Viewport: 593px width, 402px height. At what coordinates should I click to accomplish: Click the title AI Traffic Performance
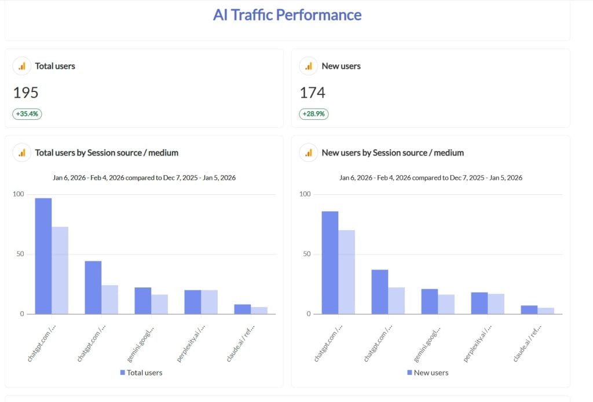click(x=287, y=15)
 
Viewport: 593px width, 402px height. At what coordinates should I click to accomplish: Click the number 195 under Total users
click(x=25, y=93)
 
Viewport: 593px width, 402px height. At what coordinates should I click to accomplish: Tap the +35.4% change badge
click(x=27, y=114)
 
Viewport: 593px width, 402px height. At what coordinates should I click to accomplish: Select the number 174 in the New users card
click(x=312, y=93)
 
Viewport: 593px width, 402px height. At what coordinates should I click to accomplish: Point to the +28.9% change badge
click(x=314, y=114)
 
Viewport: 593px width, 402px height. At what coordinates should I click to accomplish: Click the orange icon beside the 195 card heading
click(x=21, y=67)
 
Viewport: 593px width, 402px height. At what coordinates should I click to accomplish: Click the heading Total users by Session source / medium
click(x=107, y=153)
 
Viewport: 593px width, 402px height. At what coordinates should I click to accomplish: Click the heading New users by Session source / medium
click(x=393, y=153)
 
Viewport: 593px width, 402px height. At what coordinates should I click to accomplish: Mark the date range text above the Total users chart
click(x=144, y=178)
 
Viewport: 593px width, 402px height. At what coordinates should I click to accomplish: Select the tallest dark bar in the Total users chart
click(x=43, y=256)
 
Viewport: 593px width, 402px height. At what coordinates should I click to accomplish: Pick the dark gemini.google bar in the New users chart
click(x=429, y=301)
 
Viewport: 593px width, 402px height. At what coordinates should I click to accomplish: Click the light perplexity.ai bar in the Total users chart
click(x=210, y=302)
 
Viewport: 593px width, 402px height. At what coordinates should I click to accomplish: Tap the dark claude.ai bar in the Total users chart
click(x=243, y=309)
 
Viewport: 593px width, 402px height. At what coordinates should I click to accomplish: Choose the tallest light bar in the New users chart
click(x=347, y=272)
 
